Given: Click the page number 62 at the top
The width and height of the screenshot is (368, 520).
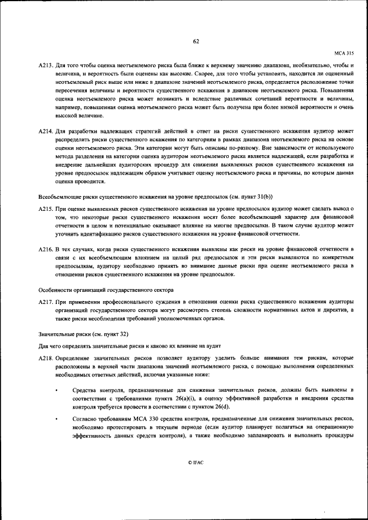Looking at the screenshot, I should [x=195, y=41].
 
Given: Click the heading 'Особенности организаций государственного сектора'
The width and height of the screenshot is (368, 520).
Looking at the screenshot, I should [x=106, y=290].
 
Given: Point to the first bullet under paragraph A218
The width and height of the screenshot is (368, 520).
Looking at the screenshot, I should [x=56, y=391].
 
